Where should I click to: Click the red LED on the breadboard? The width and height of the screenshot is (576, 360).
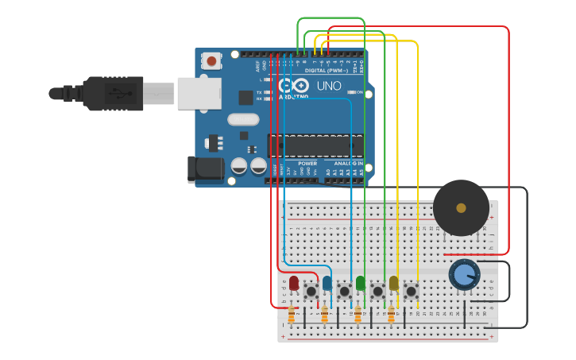tap(294, 283)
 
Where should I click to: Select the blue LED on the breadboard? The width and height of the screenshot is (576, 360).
tap(327, 283)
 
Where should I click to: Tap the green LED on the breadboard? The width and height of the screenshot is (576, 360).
tap(361, 283)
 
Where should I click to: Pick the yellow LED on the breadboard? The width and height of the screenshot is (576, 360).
tap(394, 283)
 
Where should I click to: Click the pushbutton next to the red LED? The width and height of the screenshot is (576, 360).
tap(311, 292)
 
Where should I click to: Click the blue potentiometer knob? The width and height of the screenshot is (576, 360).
tap(464, 275)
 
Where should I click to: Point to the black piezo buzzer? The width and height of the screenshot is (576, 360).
tap(461, 207)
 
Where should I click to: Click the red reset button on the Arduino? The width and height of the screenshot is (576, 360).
tap(211, 60)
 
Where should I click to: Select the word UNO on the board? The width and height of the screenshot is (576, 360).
tap(329, 86)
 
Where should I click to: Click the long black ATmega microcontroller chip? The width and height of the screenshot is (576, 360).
tap(315, 145)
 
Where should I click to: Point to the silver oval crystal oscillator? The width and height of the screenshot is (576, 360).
tap(242, 120)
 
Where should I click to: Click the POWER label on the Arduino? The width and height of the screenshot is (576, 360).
tap(307, 163)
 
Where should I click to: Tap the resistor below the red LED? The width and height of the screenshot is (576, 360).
tap(291, 316)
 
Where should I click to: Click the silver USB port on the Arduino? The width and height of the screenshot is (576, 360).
tap(199, 93)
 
